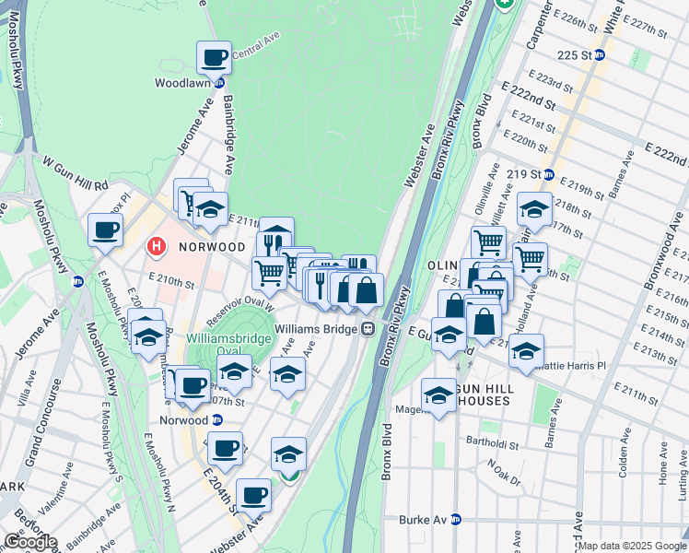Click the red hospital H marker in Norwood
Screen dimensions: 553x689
pos(157,247)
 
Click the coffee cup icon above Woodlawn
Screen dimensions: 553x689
pos(214,58)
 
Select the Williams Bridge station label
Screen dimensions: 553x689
pos(315,328)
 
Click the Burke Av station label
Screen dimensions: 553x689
pos(422,520)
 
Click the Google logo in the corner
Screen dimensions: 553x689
pos(30,542)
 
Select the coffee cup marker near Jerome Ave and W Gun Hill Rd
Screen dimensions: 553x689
pos(105,229)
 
